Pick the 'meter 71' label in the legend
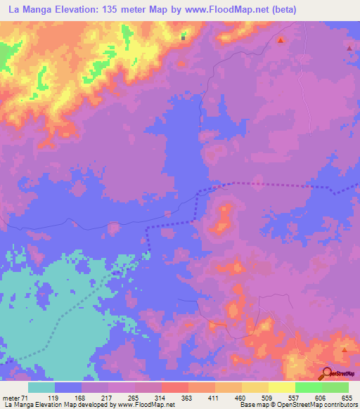[x=12, y=397]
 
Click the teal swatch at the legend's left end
[x=41, y=387]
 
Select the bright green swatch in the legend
[x=308, y=387]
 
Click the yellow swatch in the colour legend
[x=255, y=387]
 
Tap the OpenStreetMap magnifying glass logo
[x=327, y=373]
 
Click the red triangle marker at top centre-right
[x=281, y=40]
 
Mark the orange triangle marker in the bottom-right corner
[x=345, y=349]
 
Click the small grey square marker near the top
[x=184, y=39]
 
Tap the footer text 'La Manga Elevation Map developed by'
[x=56, y=405]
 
